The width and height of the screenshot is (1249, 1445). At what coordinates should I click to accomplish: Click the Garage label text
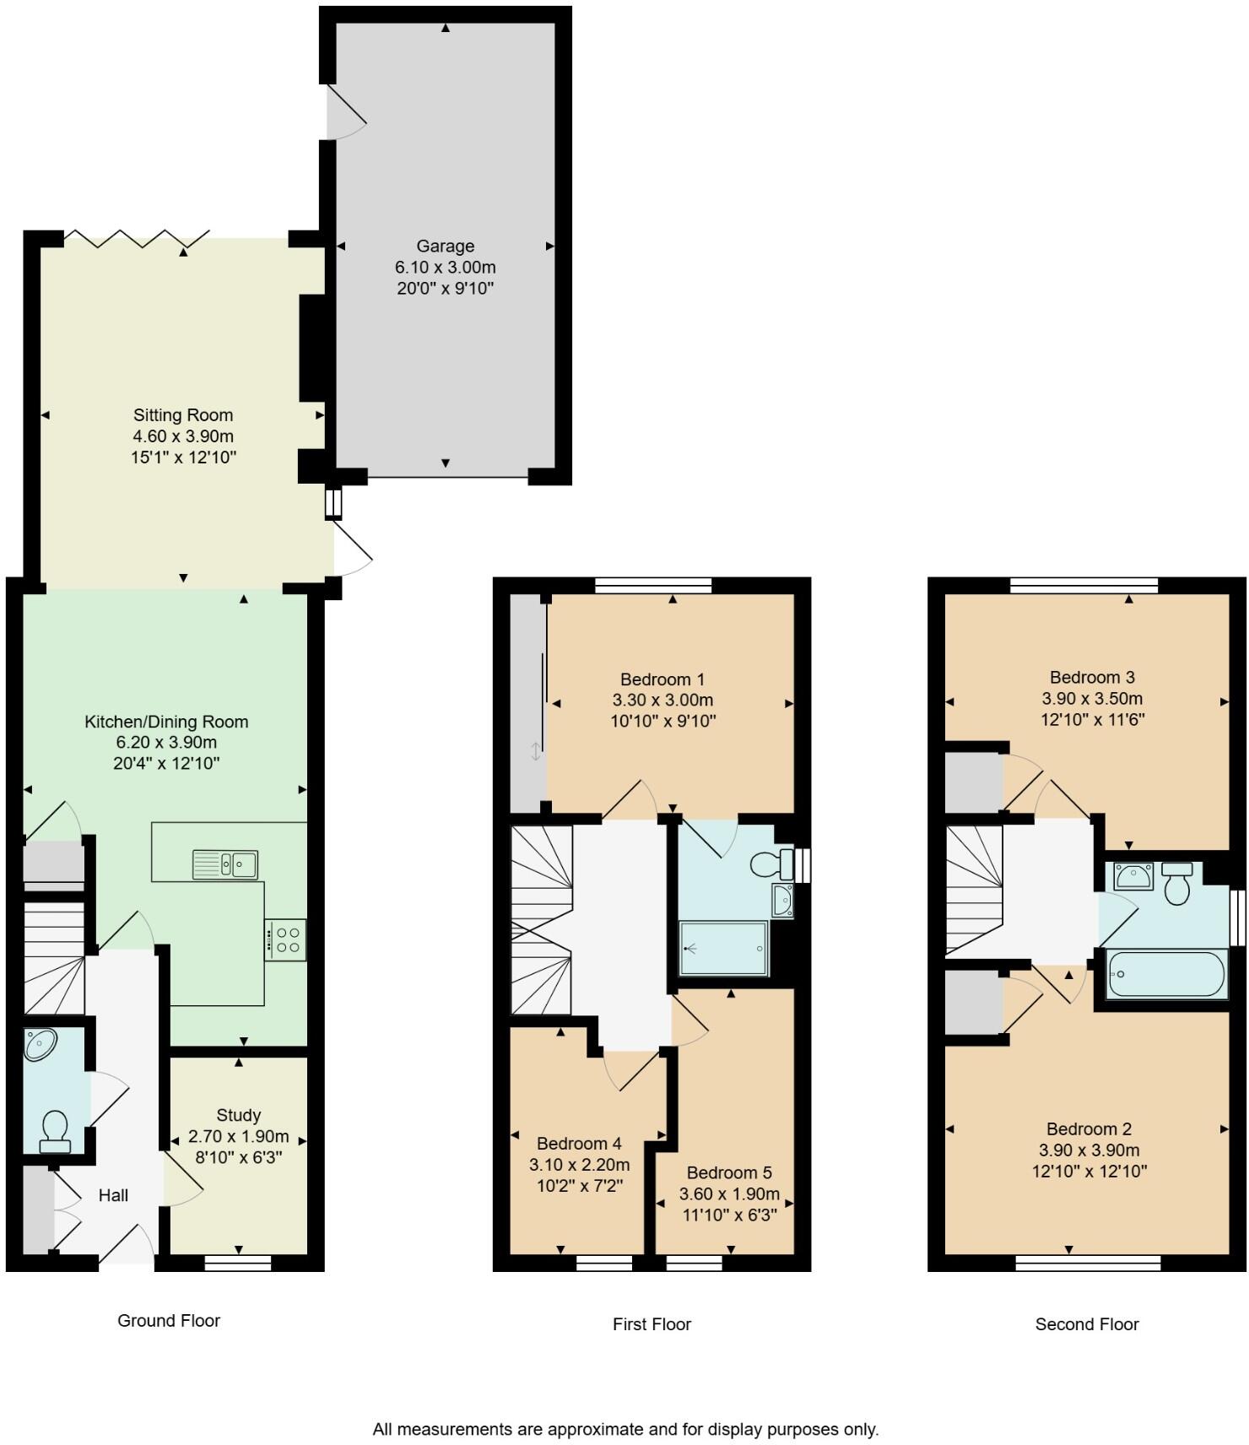[445, 246]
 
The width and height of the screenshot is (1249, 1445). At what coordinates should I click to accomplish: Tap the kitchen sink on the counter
[225, 864]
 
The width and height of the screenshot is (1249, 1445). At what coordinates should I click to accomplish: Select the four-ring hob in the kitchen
[286, 940]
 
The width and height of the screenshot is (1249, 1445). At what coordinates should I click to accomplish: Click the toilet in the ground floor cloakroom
[55, 1131]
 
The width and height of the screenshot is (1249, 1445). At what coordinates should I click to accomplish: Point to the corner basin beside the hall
[40, 1045]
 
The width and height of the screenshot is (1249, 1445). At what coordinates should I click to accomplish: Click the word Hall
[113, 1195]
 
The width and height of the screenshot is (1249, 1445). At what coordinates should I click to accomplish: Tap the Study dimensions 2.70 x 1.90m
[240, 1136]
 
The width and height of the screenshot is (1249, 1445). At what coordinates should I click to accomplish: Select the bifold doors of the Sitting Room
[137, 239]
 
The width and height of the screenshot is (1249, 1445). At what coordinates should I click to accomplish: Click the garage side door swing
[346, 116]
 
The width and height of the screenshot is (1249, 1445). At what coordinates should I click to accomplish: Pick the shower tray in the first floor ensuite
[724, 948]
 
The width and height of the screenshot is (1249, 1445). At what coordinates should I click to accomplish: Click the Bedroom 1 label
[662, 679]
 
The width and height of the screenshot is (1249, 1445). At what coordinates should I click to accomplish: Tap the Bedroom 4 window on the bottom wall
[603, 1263]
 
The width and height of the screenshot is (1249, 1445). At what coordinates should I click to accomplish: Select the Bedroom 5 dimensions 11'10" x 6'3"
[729, 1215]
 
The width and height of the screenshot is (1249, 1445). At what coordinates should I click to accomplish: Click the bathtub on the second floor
[1165, 974]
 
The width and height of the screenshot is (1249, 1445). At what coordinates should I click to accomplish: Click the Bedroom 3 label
[1092, 677]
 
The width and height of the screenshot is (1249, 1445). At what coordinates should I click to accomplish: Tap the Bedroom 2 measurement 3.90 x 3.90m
[1089, 1150]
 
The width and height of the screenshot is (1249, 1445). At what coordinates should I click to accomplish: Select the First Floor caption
[652, 1324]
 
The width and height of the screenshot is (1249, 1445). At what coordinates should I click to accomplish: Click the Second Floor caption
[1087, 1324]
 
